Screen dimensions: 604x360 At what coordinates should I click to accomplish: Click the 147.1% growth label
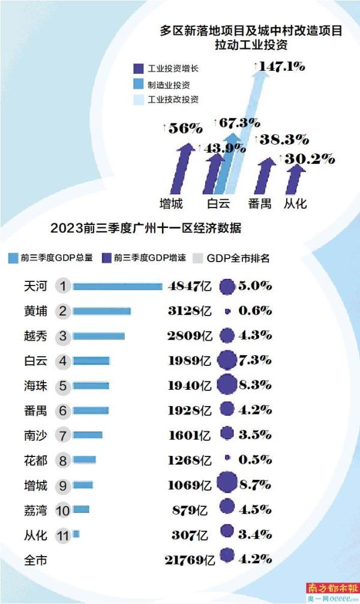tap(280, 68)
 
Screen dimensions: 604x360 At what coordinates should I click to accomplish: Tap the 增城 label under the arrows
tap(171, 203)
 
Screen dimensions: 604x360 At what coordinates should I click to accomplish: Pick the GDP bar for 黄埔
tap(102, 311)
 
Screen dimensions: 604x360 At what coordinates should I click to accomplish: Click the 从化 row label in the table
tap(35, 534)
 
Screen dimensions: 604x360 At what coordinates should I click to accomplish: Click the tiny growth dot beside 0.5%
tap(227, 458)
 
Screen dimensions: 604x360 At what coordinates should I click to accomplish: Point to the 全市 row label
tap(35, 560)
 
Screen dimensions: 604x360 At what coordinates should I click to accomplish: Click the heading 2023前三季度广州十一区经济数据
tap(146, 229)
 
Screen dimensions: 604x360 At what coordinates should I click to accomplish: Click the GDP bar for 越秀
tap(99, 336)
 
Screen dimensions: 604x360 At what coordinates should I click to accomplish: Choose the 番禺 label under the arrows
tap(262, 203)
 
